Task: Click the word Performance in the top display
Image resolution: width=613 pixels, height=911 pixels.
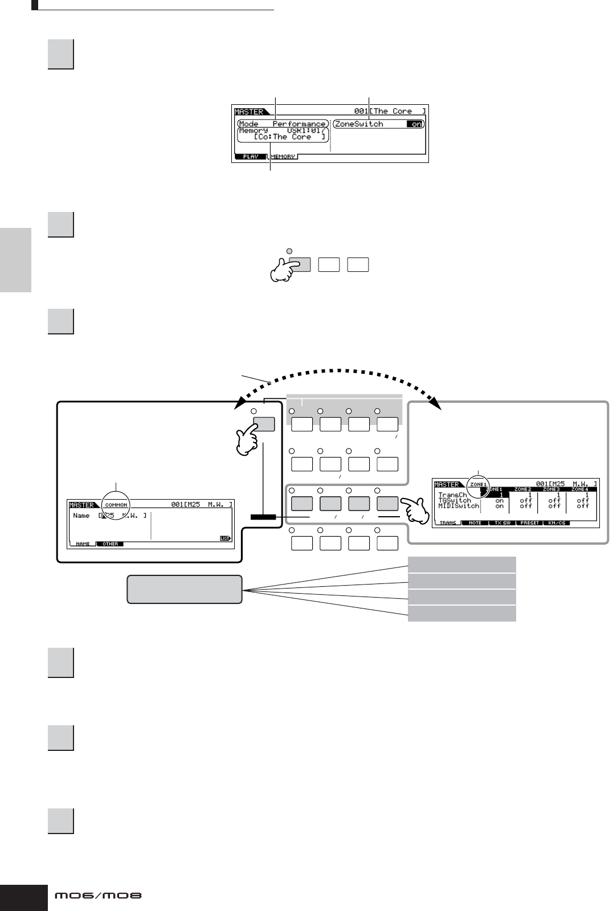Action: click(x=299, y=124)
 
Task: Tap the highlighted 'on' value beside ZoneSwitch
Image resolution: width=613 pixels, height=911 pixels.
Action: click(x=417, y=124)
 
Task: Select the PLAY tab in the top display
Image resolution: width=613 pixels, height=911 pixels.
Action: click(x=251, y=157)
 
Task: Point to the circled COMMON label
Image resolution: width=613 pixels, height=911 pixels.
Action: click(x=116, y=505)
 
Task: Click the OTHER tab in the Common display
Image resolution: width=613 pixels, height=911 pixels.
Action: click(x=110, y=544)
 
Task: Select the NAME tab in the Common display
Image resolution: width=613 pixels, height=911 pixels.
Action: click(x=83, y=544)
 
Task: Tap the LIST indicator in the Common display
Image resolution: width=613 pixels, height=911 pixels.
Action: click(x=226, y=538)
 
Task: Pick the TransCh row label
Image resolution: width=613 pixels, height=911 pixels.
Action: click(x=453, y=495)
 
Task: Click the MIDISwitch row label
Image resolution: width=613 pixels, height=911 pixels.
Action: click(x=459, y=506)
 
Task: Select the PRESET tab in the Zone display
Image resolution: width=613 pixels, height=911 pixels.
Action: click(x=529, y=523)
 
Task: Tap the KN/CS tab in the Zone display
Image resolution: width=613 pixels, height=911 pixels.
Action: click(x=556, y=523)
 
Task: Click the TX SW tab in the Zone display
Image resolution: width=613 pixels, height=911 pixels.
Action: click(x=502, y=523)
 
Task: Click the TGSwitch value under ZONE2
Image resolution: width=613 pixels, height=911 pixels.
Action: click(x=526, y=501)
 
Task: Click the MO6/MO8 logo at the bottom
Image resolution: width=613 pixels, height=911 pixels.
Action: click(x=98, y=896)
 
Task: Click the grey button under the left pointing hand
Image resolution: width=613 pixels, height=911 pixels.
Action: click(x=264, y=424)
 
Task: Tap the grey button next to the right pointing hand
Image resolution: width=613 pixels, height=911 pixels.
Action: click(x=387, y=503)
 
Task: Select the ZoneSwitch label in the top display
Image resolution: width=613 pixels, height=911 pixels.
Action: click(x=359, y=124)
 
